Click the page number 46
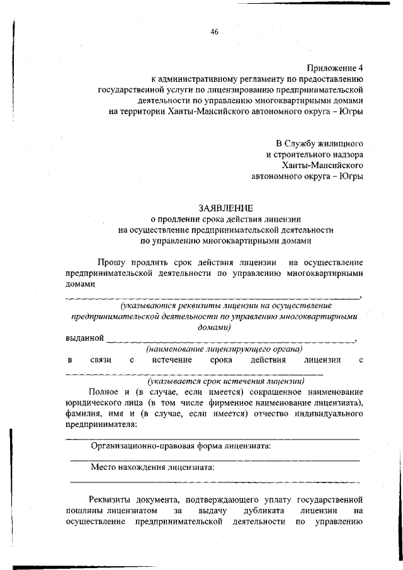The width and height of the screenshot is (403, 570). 214,32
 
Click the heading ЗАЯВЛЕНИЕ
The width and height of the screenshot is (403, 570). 226,208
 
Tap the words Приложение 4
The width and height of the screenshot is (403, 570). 335,68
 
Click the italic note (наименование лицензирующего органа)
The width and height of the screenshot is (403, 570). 224,348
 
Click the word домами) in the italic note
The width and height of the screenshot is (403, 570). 214,328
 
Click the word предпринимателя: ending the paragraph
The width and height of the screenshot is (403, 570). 101,425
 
